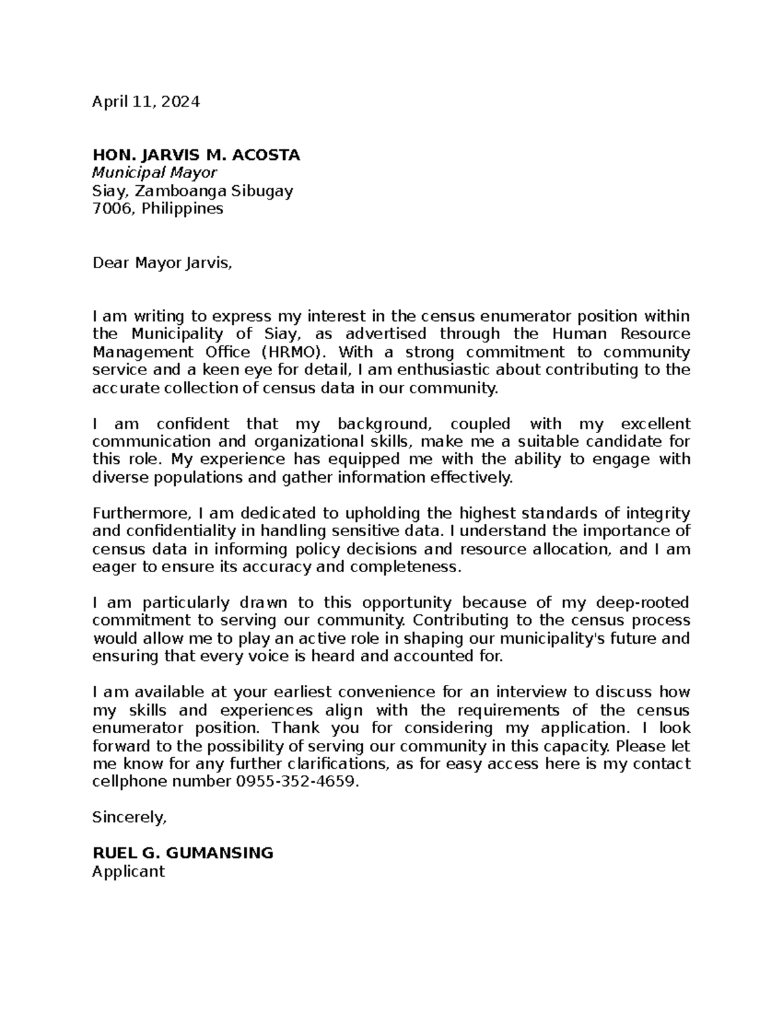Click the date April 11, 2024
coord(146,102)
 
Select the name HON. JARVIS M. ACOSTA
coord(196,155)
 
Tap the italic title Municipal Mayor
coord(155,173)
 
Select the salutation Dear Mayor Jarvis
coord(162,263)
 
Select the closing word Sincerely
coord(130,817)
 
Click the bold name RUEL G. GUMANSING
coord(183,853)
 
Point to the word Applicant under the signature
coord(129,871)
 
